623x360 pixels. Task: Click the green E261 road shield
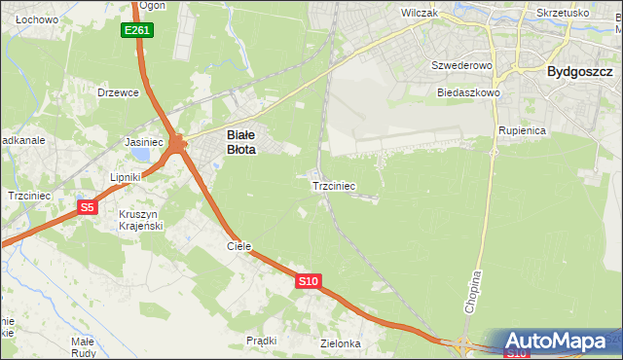pyautogui.click(x=137, y=31)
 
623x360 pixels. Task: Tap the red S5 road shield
pyautogui.click(x=88, y=207)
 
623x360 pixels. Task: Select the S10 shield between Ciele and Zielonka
pyautogui.click(x=308, y=281)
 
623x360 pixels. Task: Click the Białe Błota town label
pyautogui.click(x=241, y=143)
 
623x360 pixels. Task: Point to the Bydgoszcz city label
pyautogui.click(x=579, y=71)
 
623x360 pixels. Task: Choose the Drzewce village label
pyautogui.click(x=119, y=92)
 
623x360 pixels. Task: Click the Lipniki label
pyautogui.click(x=127, y=178)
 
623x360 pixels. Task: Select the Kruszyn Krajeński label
pyautogui.click(x=141, y=220)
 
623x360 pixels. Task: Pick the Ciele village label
pyautogui.click(x=239, y=246)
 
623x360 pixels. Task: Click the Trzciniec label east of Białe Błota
pyautogui.click(x=333, y=185)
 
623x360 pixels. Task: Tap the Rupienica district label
pyautogui.click(x=521, y=129)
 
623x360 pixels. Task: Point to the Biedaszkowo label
pyautogui.click(x=468, y=92)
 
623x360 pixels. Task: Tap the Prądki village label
pyautogui.click(x=262, y=341)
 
